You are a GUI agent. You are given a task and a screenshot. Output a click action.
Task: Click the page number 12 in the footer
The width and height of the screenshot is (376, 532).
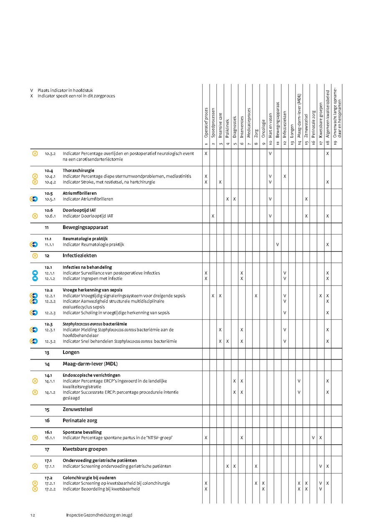click(32, 515)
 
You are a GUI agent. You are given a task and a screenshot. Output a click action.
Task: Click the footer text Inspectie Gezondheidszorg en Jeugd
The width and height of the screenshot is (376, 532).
click(99, 515)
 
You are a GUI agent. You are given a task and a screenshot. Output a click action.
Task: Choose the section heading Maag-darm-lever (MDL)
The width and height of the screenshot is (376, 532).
click(87, 364)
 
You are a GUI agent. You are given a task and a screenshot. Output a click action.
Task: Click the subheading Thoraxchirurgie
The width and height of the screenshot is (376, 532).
click(79, 171)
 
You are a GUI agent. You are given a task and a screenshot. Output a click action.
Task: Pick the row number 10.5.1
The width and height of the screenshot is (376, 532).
click(50, 199)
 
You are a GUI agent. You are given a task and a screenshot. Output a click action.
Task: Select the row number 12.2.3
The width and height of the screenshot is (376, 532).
click(50, 313)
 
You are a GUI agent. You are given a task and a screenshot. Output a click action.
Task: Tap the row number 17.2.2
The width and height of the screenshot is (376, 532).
click(50, 489)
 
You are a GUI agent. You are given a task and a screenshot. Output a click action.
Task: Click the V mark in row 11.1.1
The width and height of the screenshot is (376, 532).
click(277, 244)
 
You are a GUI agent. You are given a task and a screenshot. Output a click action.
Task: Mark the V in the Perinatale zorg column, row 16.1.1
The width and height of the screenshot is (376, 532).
click(313, 438)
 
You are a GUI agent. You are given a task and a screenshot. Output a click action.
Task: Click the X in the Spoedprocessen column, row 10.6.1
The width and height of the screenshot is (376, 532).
click(213, 216)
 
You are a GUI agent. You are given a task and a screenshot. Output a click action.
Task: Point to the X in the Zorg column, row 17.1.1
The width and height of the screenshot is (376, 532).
click(256, 466)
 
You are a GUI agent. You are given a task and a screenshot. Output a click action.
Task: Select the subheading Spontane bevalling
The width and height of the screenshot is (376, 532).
click(82, 432)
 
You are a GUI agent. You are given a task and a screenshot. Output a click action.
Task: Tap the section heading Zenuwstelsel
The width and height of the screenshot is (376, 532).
click(78, 409)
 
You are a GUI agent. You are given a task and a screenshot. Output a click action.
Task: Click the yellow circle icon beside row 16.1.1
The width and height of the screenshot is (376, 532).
click(35, 438)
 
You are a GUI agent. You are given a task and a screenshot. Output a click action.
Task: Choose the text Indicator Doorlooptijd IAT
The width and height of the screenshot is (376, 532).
click(88, 216)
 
